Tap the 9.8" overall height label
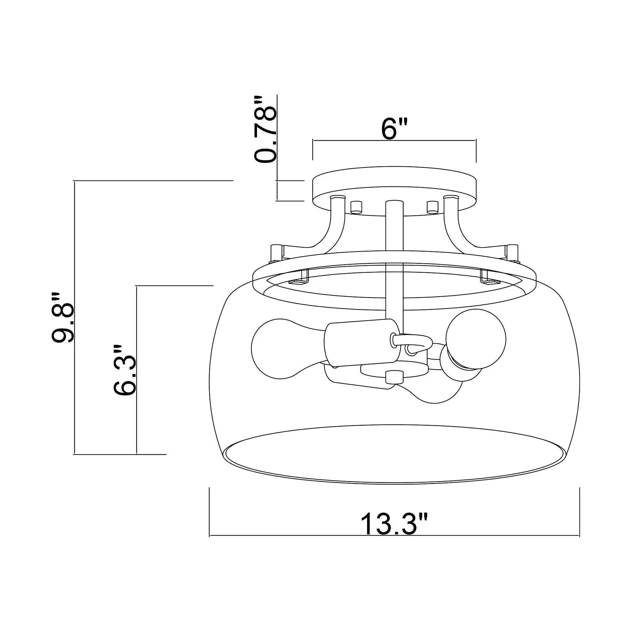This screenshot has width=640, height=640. [62, 317]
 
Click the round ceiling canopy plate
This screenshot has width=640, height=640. [394, 191]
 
